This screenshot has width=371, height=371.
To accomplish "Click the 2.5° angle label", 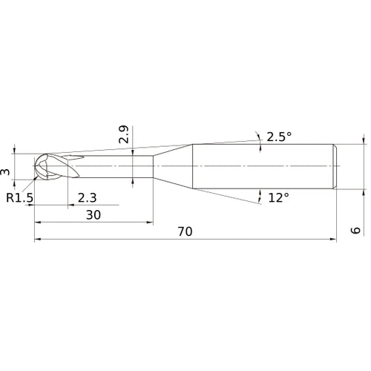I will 279,136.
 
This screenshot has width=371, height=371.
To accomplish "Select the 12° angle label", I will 279,198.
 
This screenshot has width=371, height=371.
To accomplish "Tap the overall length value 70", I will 185,232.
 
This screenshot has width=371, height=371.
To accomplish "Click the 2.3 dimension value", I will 86,197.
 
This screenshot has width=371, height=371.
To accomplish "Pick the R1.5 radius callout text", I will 19,197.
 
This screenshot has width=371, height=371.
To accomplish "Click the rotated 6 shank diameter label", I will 356,231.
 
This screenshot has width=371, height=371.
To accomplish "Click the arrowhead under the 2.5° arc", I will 260,147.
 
